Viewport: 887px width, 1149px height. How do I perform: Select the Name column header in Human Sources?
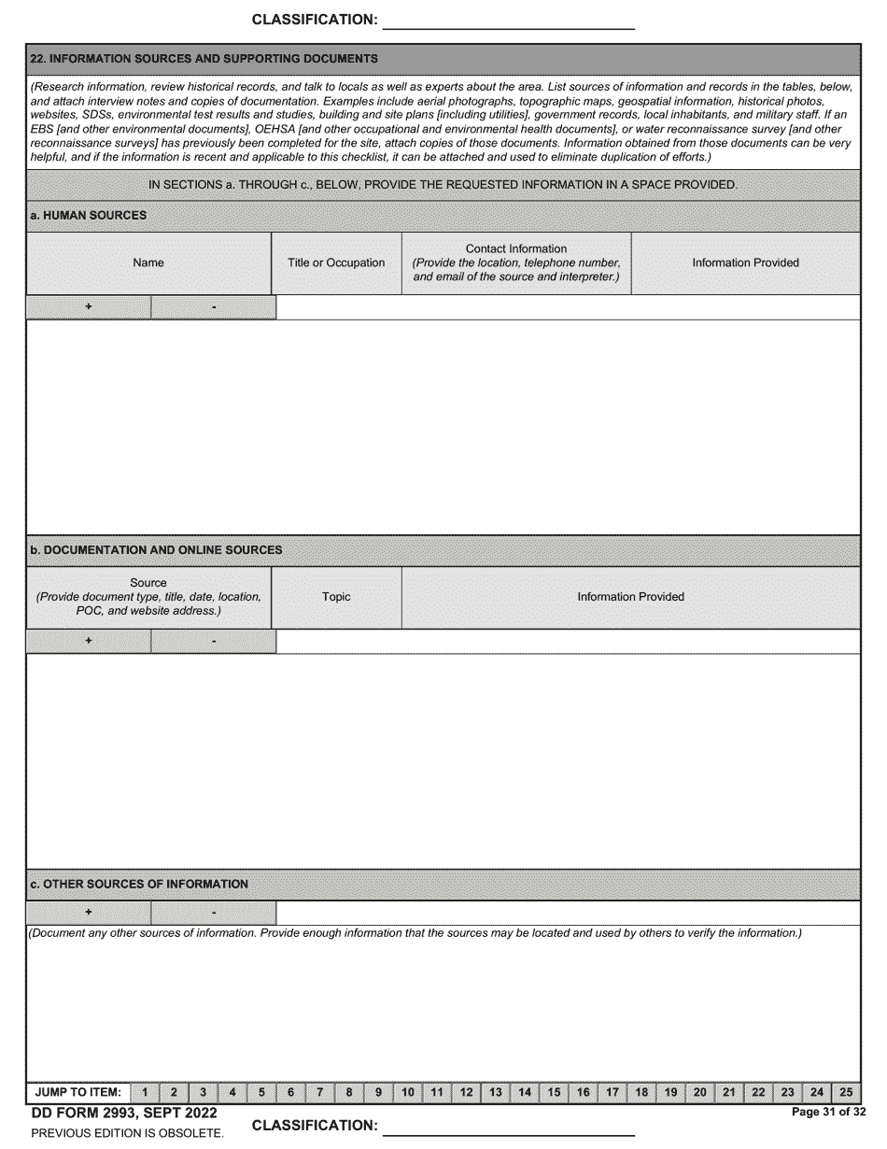[x=148, y=263]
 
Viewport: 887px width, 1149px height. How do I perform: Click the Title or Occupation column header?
[x=336, y=263]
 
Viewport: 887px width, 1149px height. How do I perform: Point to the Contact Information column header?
[x=516, y=263]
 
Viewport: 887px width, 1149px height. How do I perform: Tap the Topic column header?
[x=336, y=597]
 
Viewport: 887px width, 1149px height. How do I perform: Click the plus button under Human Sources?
[x=89, y=307]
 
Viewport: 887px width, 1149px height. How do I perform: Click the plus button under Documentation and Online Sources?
[x=89, y=641]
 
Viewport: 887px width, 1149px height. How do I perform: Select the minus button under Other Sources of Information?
[x=214, y=913]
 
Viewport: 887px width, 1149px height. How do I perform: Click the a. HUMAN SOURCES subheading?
[x=89, y=216]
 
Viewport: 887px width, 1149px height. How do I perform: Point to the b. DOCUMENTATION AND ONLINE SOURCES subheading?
[x=156, y=550]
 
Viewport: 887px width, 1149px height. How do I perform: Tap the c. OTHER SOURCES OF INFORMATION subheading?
[x=139, y=884]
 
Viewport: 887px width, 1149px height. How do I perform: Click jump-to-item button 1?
[x=145, y=1092]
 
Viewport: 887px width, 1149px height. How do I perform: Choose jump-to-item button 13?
[x=495, y=1092]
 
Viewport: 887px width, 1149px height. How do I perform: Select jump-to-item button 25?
[x=846, y=1092]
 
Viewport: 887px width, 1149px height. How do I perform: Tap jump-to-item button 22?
[x=758, y=1092]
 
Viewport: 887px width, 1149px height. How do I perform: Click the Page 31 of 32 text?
[x=828, y=1112]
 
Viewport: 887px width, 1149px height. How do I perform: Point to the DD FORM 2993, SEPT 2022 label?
[x=124, y=1114]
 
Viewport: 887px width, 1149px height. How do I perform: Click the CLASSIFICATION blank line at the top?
[x=509, y=21]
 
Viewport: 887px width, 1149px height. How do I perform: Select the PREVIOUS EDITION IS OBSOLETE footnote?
[x=127, y=1133]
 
